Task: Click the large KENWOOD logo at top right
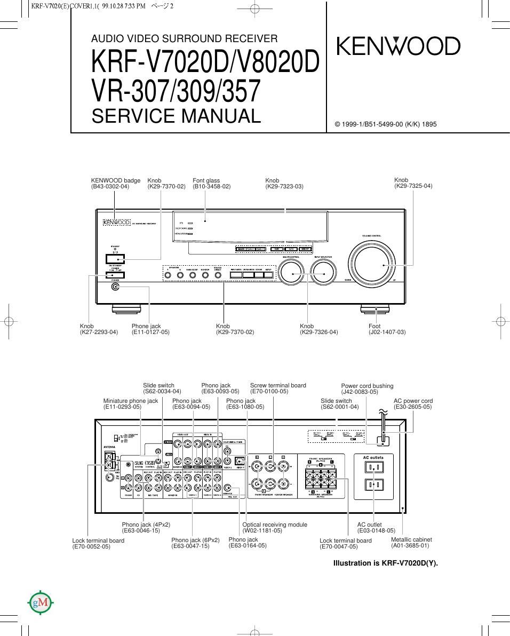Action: coord(397,46)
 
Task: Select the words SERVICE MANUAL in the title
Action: coord(176,116)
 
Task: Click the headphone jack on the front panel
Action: coord(115,287)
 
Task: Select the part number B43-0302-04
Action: coord(110,187)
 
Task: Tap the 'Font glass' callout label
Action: coord(206,180)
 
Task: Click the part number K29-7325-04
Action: coord(413,186)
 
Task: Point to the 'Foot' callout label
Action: coord(374,326)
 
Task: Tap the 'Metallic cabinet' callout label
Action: coord(411,539)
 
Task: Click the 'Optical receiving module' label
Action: coord(275,524)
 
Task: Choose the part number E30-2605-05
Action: coord(413,407)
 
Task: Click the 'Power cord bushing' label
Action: coord(367,386)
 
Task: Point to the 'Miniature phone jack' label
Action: coord(131,401)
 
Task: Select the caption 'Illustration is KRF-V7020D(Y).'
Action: coord(385,563)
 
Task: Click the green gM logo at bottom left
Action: coord(41,603)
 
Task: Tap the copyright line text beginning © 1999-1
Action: coord(385,124)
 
